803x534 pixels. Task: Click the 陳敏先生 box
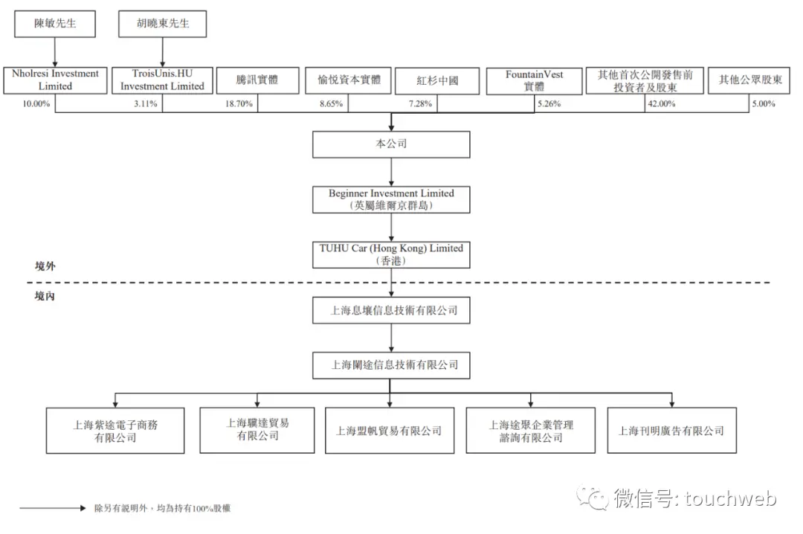pos(55,24)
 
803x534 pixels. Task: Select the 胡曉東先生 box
pos(162,24)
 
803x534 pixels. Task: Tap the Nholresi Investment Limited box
pos(55,80)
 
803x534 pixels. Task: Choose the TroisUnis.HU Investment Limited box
pos(162,80)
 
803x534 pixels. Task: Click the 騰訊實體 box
pos(257,80)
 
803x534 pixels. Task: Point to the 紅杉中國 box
pos(437,81)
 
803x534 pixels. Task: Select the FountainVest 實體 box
pos(534,81)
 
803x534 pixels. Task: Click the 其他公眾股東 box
pos(749,80)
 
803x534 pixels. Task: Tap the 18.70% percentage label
pos(239,103)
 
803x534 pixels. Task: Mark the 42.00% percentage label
pos(662,103)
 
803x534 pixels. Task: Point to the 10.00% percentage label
pos(36,103)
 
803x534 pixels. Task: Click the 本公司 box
pos(391,144)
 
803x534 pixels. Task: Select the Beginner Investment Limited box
pos(391,199)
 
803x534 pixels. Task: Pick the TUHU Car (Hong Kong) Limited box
pos(391,254)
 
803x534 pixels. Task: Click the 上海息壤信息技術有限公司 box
pos(391,310)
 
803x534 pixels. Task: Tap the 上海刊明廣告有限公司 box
pos(672,431)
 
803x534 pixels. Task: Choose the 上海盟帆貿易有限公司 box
pos(390,431)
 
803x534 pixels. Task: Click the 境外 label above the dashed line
pos(45,266)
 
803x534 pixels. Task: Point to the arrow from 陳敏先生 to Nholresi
pos(55,52)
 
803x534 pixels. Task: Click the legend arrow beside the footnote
pos(53,509)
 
